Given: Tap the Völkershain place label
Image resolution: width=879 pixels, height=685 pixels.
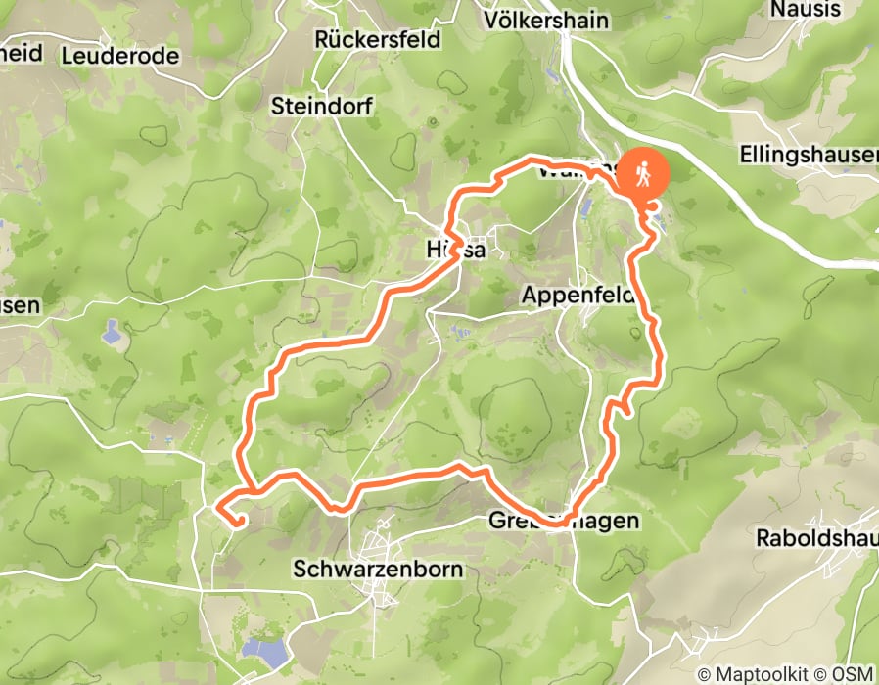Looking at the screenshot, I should click(x=546, y=20).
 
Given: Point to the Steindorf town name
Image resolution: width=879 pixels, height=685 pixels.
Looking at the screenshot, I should click(x=322, y=106).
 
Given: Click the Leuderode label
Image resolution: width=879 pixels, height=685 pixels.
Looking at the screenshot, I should click(x=120, y=56).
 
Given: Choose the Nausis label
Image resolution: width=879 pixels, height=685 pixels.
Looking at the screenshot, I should click(x=806, y=10).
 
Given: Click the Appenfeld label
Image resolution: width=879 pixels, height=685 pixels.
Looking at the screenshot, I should click(x=578, y=294).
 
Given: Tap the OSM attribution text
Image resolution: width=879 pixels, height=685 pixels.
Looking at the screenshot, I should click(x=854, y=674).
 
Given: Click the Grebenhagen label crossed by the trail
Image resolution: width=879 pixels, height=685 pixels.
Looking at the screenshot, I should click(x=563, y=521).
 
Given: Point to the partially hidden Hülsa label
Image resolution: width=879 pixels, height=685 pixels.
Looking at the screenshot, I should click(x=456, y=250).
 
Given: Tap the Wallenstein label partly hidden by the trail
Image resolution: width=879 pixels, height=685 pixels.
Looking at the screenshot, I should click(x=578, y=171).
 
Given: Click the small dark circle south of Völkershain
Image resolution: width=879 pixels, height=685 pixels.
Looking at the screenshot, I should click(x=432, y=122).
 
